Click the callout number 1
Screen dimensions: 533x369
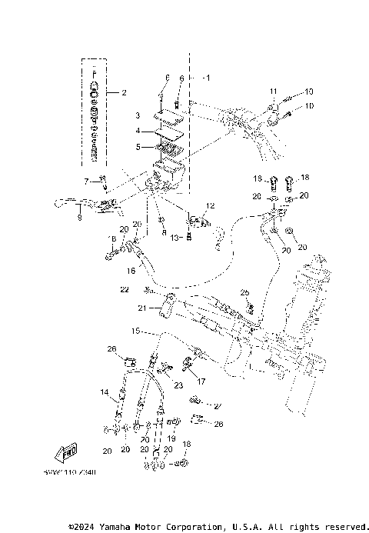[205, 78]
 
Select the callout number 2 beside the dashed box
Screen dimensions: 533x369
[123, 92]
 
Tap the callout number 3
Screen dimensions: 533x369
[137, 115]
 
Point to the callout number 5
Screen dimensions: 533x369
[137, 146]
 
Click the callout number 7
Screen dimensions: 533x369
[87, 181]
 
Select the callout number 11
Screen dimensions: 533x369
[271, 92]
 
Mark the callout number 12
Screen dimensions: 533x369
[210, 206]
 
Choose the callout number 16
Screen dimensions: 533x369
[131, 271]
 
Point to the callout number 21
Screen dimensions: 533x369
[142, 308]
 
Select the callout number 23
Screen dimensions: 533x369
[178, 385]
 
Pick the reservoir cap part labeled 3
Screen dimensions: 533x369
[166, 117]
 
